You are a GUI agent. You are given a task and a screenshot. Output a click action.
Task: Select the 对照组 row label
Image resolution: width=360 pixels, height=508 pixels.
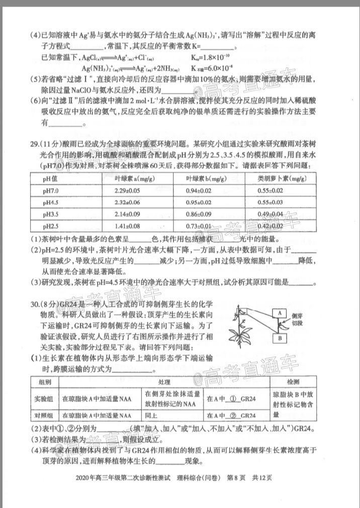(x=44, y=416)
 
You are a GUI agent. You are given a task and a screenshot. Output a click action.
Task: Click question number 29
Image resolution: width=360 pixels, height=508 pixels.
(x=35, y=145)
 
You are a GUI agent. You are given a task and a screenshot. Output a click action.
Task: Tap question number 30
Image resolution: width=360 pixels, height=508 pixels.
(x=35, y=305)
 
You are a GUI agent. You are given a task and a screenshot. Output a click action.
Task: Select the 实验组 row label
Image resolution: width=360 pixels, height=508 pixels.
(x=44, y=399)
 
